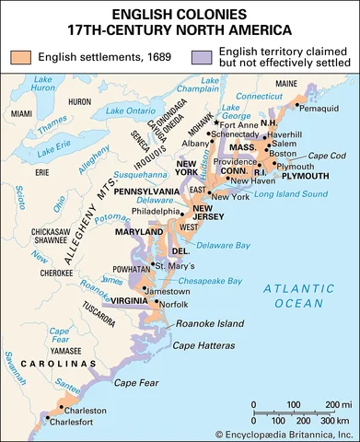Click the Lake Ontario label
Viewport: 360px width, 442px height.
tap(134, 112)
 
